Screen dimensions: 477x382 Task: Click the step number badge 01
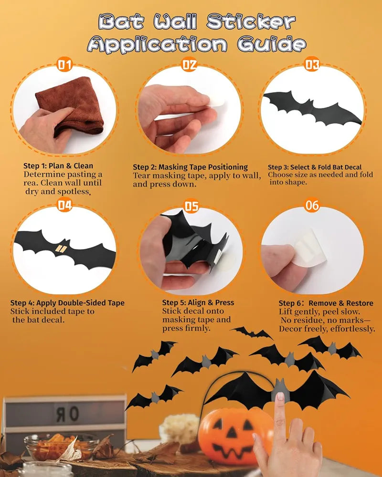(65, 65)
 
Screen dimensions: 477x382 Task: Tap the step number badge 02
(190, 65)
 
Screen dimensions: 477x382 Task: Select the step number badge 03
(312, 64)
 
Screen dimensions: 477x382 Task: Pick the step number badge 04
(65, 206)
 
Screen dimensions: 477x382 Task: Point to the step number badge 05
(191, 206)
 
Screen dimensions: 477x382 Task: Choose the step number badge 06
(312, 206)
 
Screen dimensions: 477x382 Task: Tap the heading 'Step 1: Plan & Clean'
(58, 166)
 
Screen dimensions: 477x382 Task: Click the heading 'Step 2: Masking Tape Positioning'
(190, 167)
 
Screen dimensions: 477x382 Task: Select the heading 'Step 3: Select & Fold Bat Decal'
(314, 167)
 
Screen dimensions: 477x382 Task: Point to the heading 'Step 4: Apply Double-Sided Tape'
(67, 303)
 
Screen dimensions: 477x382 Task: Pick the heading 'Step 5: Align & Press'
(198, 302)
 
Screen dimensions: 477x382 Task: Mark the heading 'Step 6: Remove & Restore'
(326, 303)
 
